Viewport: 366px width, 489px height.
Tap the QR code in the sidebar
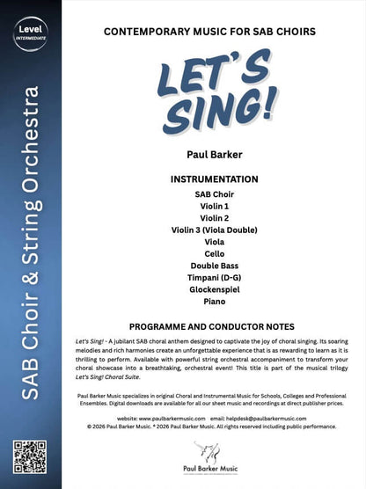click(x=31, y=456)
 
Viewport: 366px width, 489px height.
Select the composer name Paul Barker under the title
click(x=215, y=157)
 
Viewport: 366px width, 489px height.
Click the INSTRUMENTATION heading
click(x=215, y=179)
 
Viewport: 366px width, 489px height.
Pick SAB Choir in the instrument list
click(x=215, y=193)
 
